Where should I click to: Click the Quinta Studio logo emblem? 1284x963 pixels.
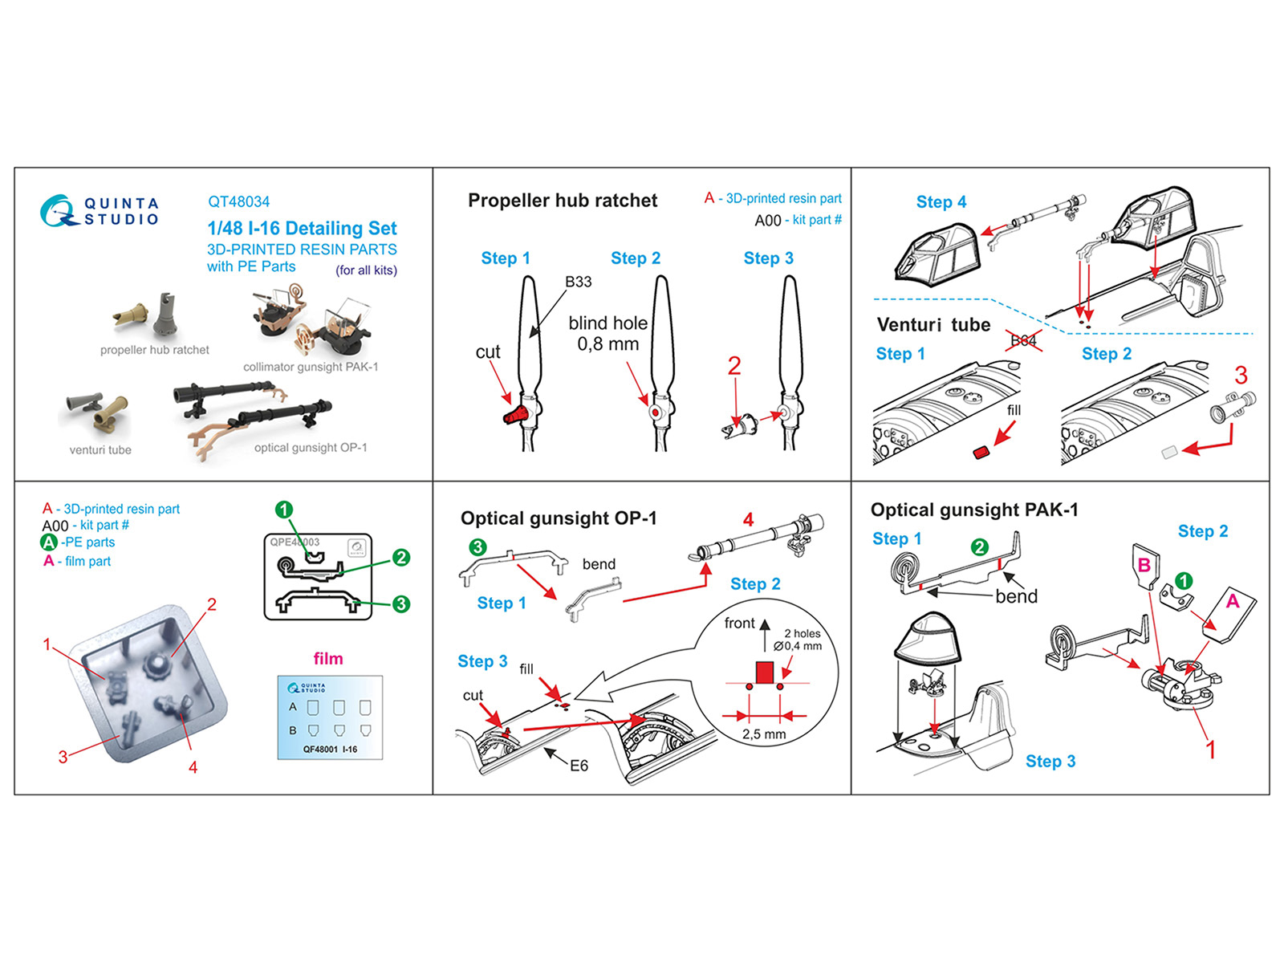pos(58,211)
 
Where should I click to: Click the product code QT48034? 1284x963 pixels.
pos(238,201)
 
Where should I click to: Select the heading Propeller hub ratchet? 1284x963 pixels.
pos(562,201)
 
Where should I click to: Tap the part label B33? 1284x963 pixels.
pos(578,282)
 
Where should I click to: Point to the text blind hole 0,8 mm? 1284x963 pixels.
pos(607,333)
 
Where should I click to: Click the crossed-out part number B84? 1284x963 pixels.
pos(1023,340)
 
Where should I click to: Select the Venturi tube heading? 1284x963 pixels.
pos(933,325)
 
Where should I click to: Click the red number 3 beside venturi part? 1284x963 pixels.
pos(1241,375)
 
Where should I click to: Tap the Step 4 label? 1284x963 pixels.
pos(941,202)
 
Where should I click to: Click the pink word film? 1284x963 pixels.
pos(327,659)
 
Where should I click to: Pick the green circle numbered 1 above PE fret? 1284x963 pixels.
pos(283,510)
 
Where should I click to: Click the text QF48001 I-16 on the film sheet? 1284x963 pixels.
pos(330,750)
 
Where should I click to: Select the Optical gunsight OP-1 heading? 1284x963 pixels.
pos(559,518)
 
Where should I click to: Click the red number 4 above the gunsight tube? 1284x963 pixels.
pos(748,519)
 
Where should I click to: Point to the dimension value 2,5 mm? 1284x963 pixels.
pos(764,734)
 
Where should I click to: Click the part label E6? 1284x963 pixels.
pos(579,766)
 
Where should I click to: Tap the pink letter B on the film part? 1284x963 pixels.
pos(1144,565)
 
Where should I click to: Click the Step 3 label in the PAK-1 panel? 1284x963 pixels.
pos(1050,762)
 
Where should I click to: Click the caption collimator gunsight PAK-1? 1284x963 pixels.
pos(311,367)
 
